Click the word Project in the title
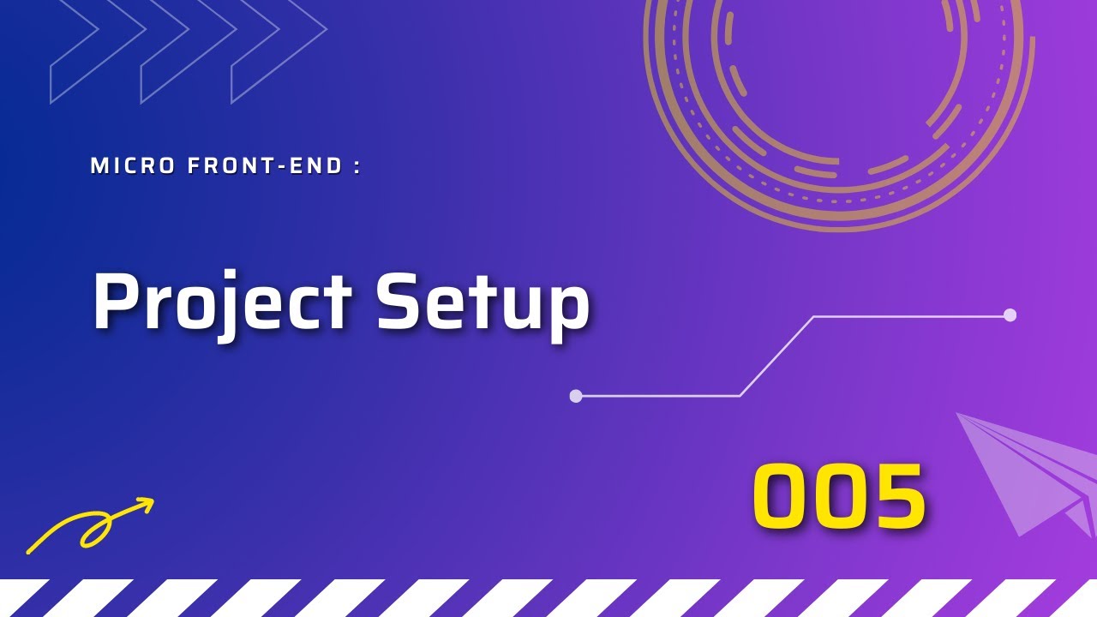coord(222,302)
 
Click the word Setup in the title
coord(483,302)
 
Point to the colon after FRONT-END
coord(357,167)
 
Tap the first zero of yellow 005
coord(782,496)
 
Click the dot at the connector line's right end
coord(1010,314)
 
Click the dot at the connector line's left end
coord(576,396)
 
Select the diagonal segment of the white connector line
coord(776,356)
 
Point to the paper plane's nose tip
coord(959,415)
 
